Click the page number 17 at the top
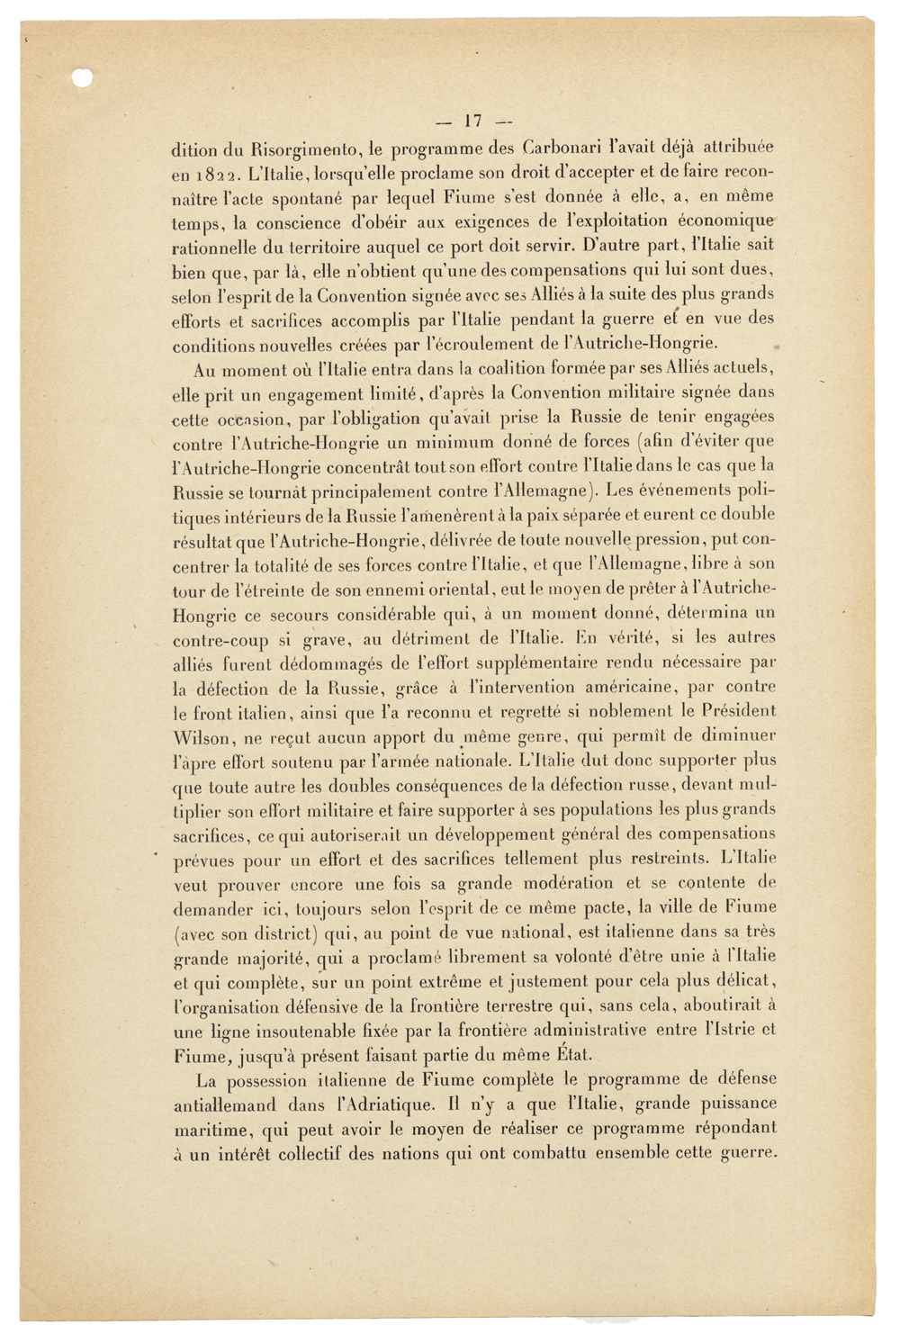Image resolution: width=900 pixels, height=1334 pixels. [x=473, y=121]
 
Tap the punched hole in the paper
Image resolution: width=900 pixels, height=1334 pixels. [x=83, y=78]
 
